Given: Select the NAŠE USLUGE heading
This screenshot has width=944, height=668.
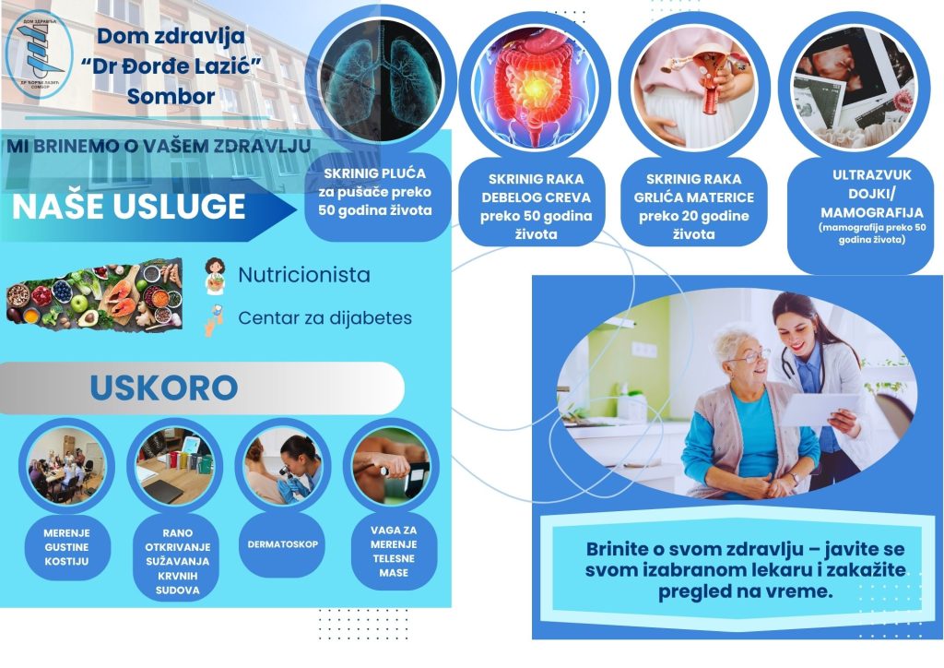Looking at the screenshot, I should (129, 207).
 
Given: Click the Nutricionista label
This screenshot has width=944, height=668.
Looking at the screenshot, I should (304, 275).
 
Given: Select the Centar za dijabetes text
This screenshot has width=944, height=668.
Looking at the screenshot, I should (324, 317).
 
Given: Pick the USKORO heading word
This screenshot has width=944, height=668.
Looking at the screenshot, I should (163, 388).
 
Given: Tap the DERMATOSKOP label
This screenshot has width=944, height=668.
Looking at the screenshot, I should (282, 543).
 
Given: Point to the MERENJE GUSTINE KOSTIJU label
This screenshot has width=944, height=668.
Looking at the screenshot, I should (65, 548).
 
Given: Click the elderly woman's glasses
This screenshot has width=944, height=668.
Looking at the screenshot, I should (749, 355).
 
